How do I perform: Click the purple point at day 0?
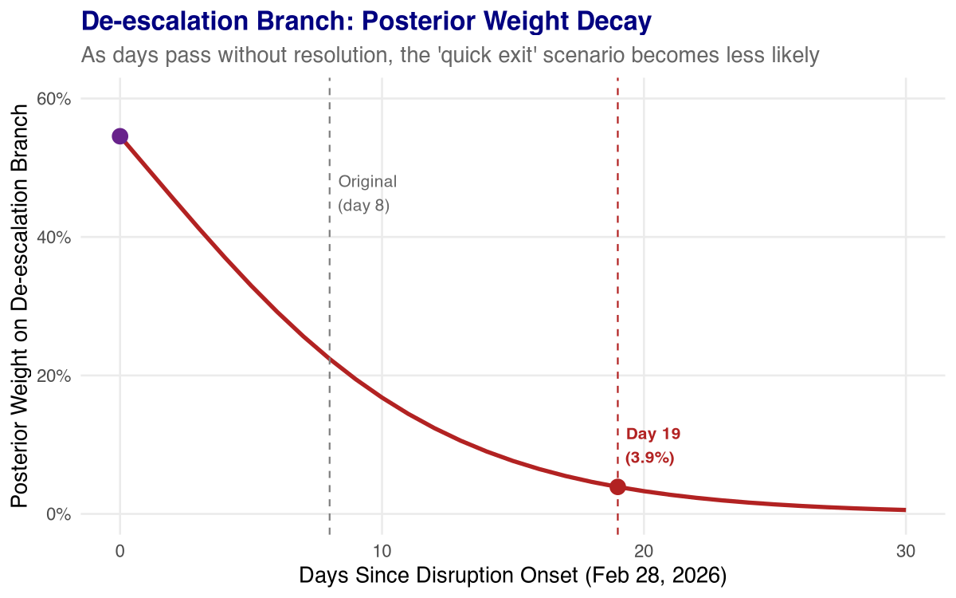[x=119, y=136]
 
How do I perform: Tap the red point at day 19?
[x=617, y=486]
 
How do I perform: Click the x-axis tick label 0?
[x=119, y=550]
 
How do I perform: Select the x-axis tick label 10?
[x=382, y=550]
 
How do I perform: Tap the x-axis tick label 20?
[x=644, y=550]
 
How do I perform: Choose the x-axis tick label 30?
[x=906, y=550]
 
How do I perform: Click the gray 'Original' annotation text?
[x=367, y=182]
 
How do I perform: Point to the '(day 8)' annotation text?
[x=364, y=206]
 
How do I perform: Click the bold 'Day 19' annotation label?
[x=652, y=434]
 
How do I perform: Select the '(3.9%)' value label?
[x=650, y=458]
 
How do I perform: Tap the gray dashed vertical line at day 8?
[x=330, y=319]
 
